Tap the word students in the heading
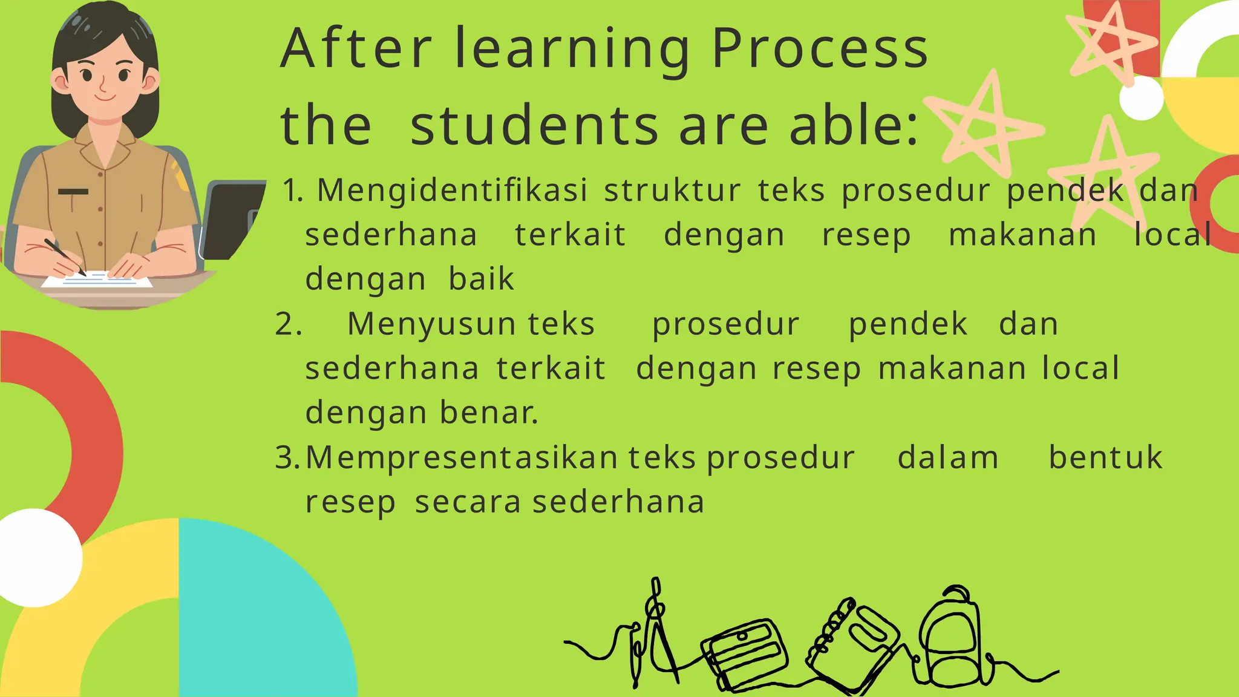point(534,126)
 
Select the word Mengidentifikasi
point(452,191)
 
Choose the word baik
point(481,279)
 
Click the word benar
point(488,413)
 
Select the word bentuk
point(1105,457)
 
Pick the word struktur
point(672,191)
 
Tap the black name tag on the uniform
point(73,192)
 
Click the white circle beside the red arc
point(35,557)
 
